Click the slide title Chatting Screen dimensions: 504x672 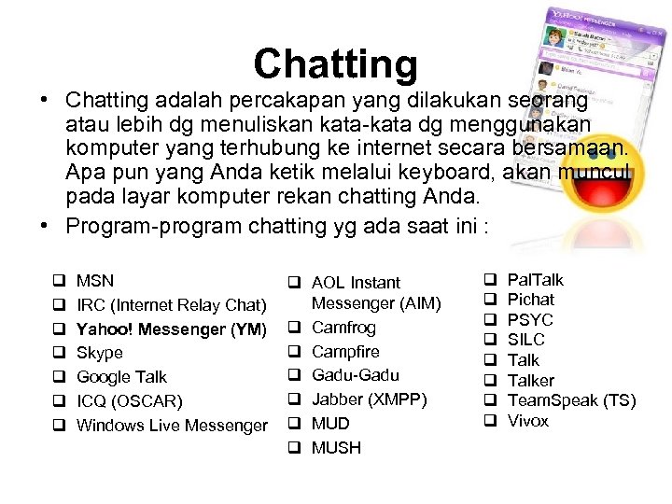[x=335, y=63]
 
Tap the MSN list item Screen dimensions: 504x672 [x=95, y=280]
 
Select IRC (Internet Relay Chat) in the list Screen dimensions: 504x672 [x=172, y=304]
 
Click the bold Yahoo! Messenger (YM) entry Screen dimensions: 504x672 [x=172, y=329]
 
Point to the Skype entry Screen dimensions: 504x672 [x=100, y=353]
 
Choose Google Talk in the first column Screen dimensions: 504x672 [x=121, y=377]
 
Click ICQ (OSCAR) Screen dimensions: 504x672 [x=130, y=401]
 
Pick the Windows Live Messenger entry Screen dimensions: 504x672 [x=172, y=426]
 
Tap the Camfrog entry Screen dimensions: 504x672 [x=343, y=328]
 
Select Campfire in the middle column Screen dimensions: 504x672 [x=345, y=352]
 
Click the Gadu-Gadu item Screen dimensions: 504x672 [x=355, y=375]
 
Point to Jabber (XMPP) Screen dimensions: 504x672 [x=369, y=399]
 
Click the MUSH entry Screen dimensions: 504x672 [x=336, y=448]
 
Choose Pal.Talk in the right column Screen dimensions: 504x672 [x=535, y=279]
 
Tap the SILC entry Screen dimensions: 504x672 [x=525, y=340]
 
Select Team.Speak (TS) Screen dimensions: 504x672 [x=571, y=400]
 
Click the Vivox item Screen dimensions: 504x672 [x=528, y=421]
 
